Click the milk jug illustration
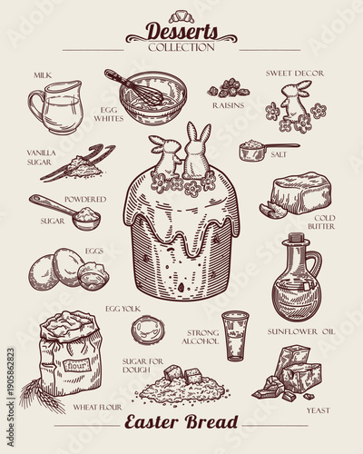pos(55,107)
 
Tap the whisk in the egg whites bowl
pos(136,89)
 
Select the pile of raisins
pos(229,88)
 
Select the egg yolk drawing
pos(145,328)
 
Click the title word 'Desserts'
pos(181,31)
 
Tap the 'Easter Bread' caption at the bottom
pos(181,422)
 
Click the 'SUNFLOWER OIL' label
pos(299,332)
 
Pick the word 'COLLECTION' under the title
pos(181,46)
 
